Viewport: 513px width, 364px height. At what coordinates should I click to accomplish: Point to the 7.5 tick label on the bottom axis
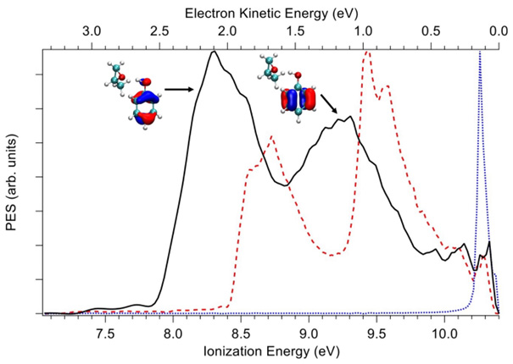click(105, 334)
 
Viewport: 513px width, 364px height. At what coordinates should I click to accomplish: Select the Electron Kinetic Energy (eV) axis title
click(270, 10)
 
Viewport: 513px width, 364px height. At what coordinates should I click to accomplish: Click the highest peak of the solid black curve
click(214, 52)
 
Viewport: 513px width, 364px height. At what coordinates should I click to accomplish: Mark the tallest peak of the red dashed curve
click(368, 52)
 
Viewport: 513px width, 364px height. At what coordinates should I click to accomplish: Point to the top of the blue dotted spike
click(480, 51)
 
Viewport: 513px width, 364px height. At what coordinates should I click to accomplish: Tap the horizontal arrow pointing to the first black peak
click(179, 87)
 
